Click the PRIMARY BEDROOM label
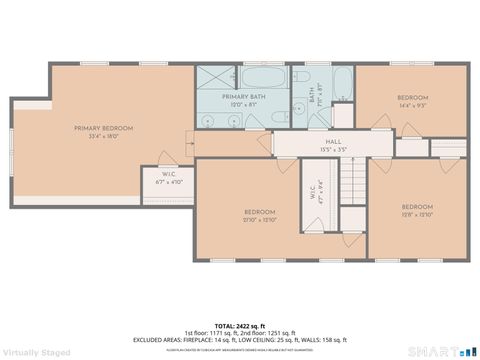103,132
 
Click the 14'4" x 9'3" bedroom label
412,101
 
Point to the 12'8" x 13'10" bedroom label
417,211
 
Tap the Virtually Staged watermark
36,352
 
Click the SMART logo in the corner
440,350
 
